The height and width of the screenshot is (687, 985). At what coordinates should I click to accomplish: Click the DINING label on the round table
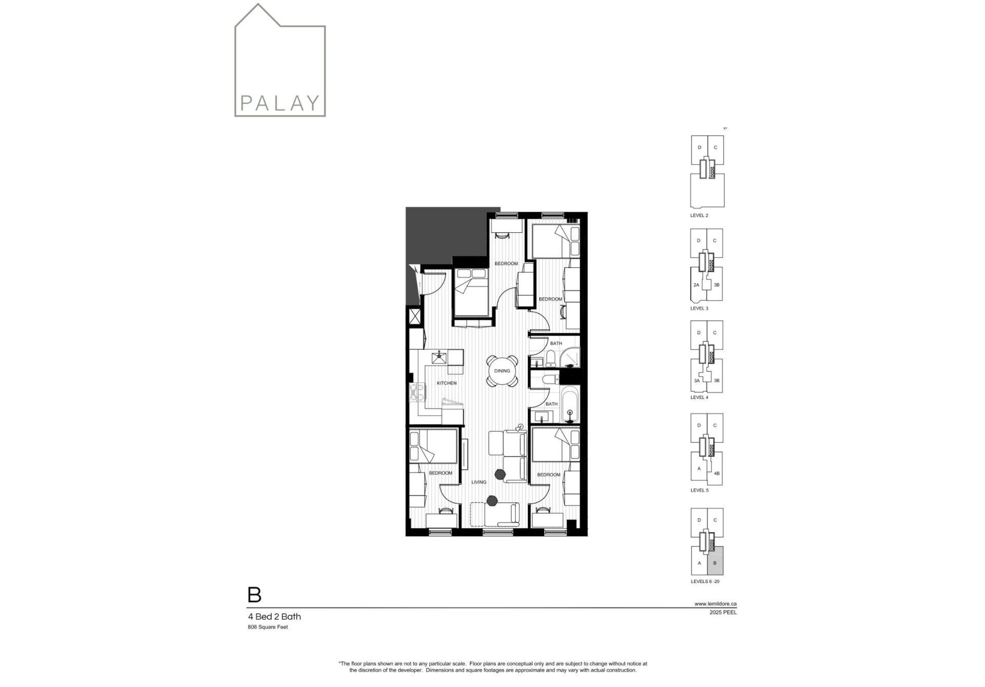(x=502, y=371)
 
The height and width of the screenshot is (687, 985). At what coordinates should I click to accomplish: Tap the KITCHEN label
(x=446, y=383)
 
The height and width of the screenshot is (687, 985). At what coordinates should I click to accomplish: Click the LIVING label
(x=479, y=482)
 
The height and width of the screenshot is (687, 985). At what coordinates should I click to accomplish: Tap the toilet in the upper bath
(x=550, y=357)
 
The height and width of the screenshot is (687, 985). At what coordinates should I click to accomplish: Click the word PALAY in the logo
(x=280, y=103)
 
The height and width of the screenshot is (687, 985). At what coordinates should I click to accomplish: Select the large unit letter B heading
(x=254, y=595)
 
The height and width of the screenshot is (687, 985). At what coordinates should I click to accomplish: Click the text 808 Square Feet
(x=268, y=627)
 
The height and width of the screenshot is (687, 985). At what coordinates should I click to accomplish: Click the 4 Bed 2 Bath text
(x=274, y=617)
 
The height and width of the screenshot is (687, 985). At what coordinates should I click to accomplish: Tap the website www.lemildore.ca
(x=716, y=603)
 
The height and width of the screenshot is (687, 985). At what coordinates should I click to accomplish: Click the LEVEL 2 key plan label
(x=699, y=215)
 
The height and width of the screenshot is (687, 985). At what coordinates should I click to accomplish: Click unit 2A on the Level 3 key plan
(x=696, y=285)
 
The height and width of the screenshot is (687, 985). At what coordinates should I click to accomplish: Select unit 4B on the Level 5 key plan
(x=717, y=473)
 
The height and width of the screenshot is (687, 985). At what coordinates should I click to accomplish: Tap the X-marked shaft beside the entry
(x=415, y=316)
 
